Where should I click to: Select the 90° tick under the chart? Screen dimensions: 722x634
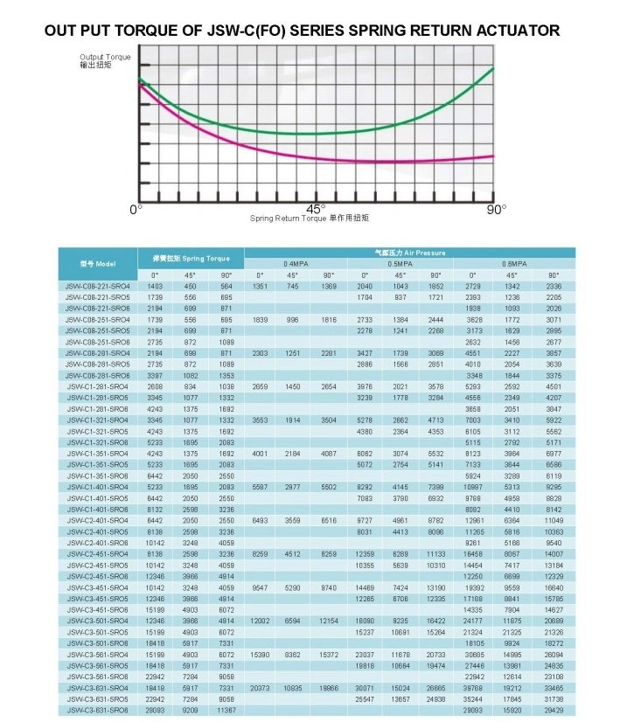tap(497, 210)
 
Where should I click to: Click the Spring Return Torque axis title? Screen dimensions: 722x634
tap(310, 218)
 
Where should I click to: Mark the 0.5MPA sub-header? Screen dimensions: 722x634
tap(401, 263)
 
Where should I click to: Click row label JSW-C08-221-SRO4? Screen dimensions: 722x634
tap(97, 287)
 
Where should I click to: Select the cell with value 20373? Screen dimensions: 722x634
tap(260, 688)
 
